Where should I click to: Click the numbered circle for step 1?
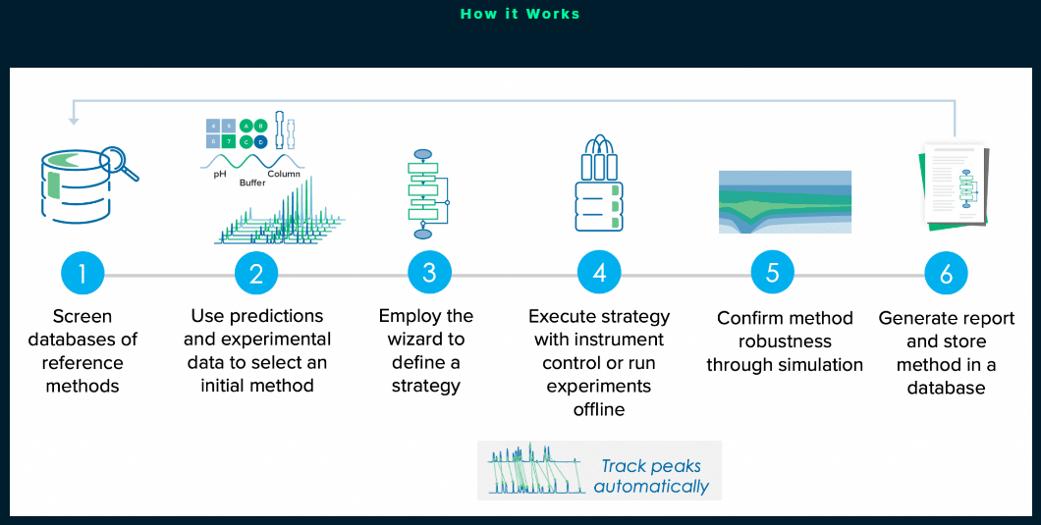click(x=82, y=274)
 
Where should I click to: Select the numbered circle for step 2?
click(x=256, y=274)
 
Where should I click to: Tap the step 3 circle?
click(x=429, y=274)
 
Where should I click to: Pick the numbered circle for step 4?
click(x=599, y=274)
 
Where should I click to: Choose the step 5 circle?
click(x=773, y=274)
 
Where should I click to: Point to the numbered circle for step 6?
click(x=946, y=274)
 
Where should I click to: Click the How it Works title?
click(x=520, y=14)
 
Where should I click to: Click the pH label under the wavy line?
click(x=220, y=175)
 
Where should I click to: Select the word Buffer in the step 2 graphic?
click(x=252, y=183)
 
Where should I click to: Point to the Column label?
click(x=284, y=174)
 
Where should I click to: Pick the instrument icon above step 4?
click(x=599, y=184)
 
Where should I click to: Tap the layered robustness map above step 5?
click(x=785, y=202)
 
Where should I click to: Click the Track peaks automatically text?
click(x=651, y=477)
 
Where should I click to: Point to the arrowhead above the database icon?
click(x=74, y=122)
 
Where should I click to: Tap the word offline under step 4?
click(x=599, y=409)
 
